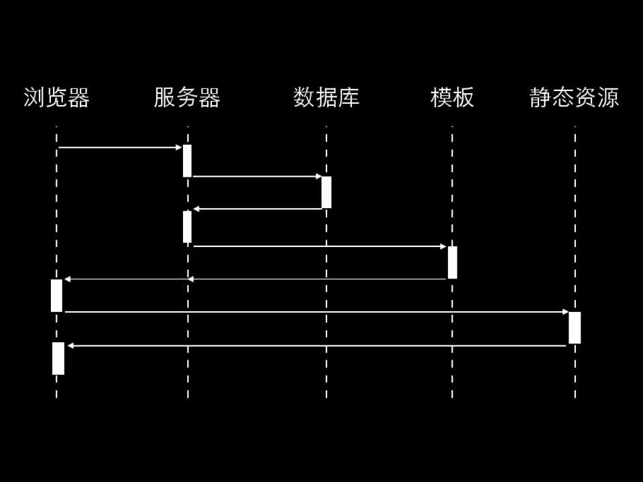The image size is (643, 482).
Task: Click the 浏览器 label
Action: (56, 98)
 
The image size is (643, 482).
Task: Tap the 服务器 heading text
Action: (187, 98)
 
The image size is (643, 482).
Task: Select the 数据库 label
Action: (327, 98)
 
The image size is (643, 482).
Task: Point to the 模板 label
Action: (452, 98)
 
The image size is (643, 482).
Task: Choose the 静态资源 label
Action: (574, 98)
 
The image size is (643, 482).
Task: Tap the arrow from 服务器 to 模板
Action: (319, 246)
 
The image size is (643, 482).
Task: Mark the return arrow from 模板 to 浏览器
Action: (255, 278)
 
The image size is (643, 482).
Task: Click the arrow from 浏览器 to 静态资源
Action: (316, 311)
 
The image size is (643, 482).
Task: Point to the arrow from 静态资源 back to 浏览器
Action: (316, 345)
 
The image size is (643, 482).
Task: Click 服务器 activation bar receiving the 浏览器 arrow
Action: (187, 161)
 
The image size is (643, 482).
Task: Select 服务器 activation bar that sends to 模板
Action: (187, 227)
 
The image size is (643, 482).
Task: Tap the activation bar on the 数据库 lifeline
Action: (327, 192)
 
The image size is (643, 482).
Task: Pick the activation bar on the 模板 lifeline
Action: (453, 262)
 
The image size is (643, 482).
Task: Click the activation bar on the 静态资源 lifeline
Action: (575, 328)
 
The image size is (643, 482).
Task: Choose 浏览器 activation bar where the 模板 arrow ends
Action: (56, 295)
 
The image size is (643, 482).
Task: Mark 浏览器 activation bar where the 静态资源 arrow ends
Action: (58, 358)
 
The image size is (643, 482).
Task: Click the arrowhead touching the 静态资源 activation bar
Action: (565, 311)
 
